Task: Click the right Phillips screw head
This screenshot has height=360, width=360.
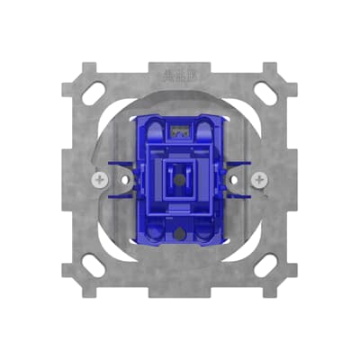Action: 261,181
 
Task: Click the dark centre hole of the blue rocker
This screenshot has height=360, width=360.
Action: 180,178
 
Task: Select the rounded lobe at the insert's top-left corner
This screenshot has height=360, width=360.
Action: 147,123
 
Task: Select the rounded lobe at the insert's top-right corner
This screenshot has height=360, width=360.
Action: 213,123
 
